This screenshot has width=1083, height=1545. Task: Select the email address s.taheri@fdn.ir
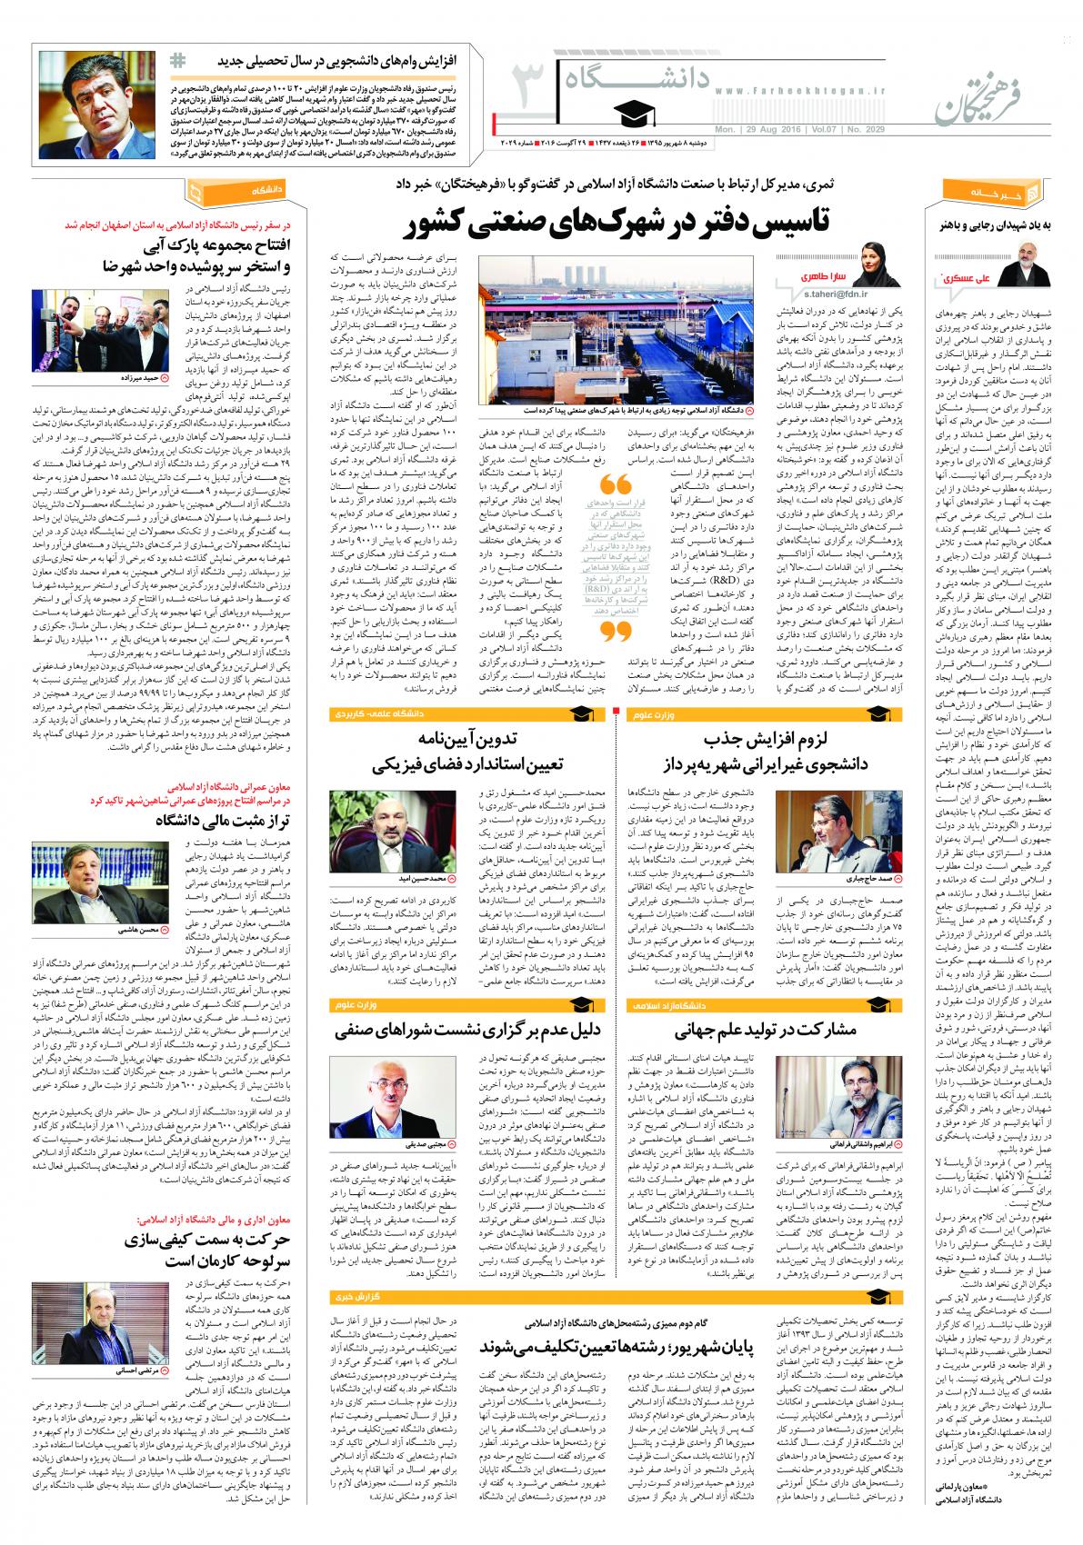(x=817, y=294)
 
